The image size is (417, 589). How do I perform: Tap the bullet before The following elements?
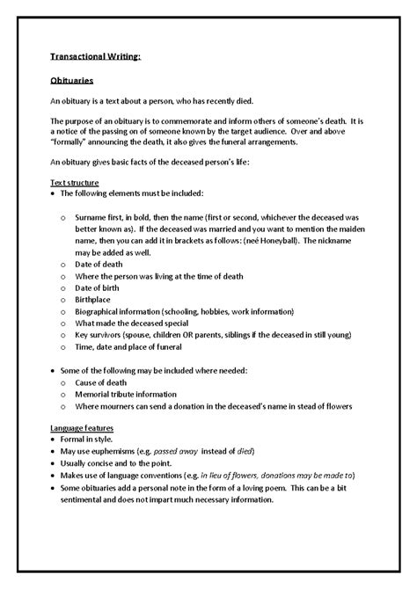pos(53,193)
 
